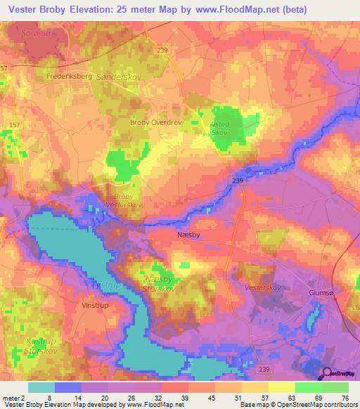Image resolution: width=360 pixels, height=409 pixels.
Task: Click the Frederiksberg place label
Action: pos(69,75)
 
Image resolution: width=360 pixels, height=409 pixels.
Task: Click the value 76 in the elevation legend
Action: pos(345,398)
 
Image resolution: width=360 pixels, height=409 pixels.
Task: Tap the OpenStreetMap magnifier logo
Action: pos(324,373)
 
